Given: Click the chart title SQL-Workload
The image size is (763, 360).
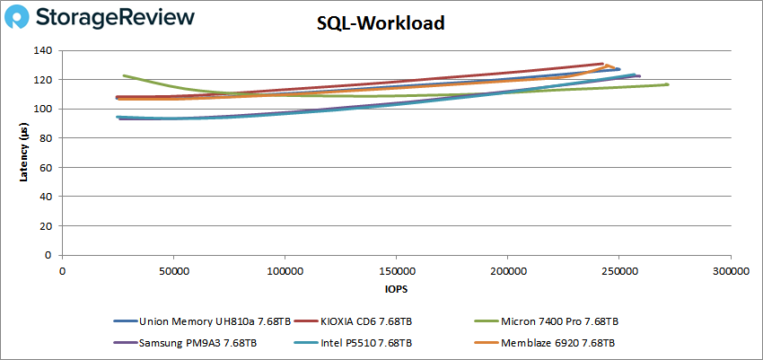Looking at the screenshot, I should (x=381, y=24).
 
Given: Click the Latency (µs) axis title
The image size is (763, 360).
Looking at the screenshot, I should (x=24, y=153).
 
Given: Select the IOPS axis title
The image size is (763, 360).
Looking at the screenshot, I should (x=395, y=290).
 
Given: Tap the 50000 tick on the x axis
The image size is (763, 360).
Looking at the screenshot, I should (x=173, y=270).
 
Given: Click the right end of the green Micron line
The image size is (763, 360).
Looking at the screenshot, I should (x=668, y=84).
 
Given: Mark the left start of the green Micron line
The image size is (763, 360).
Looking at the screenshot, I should (x=124, y=75).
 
